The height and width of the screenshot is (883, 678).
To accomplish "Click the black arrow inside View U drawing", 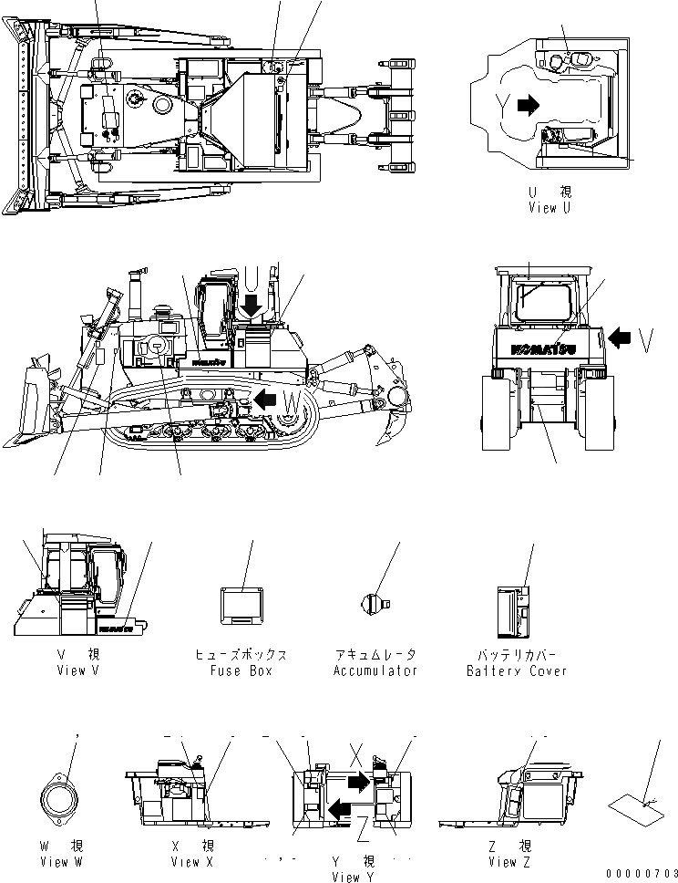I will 528,106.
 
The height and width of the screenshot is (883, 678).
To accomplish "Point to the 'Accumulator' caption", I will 375,670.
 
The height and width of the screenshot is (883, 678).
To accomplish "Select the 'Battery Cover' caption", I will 516,670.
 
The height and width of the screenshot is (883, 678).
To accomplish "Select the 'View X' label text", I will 192,862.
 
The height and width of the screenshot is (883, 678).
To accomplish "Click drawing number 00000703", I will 641,874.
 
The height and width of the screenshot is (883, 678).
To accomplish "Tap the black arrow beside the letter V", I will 620,338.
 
